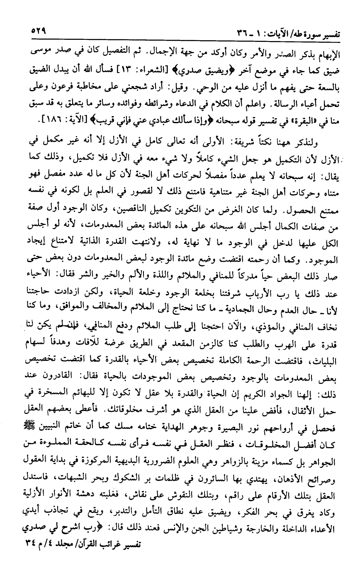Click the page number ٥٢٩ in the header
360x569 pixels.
(x=38, y=32)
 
